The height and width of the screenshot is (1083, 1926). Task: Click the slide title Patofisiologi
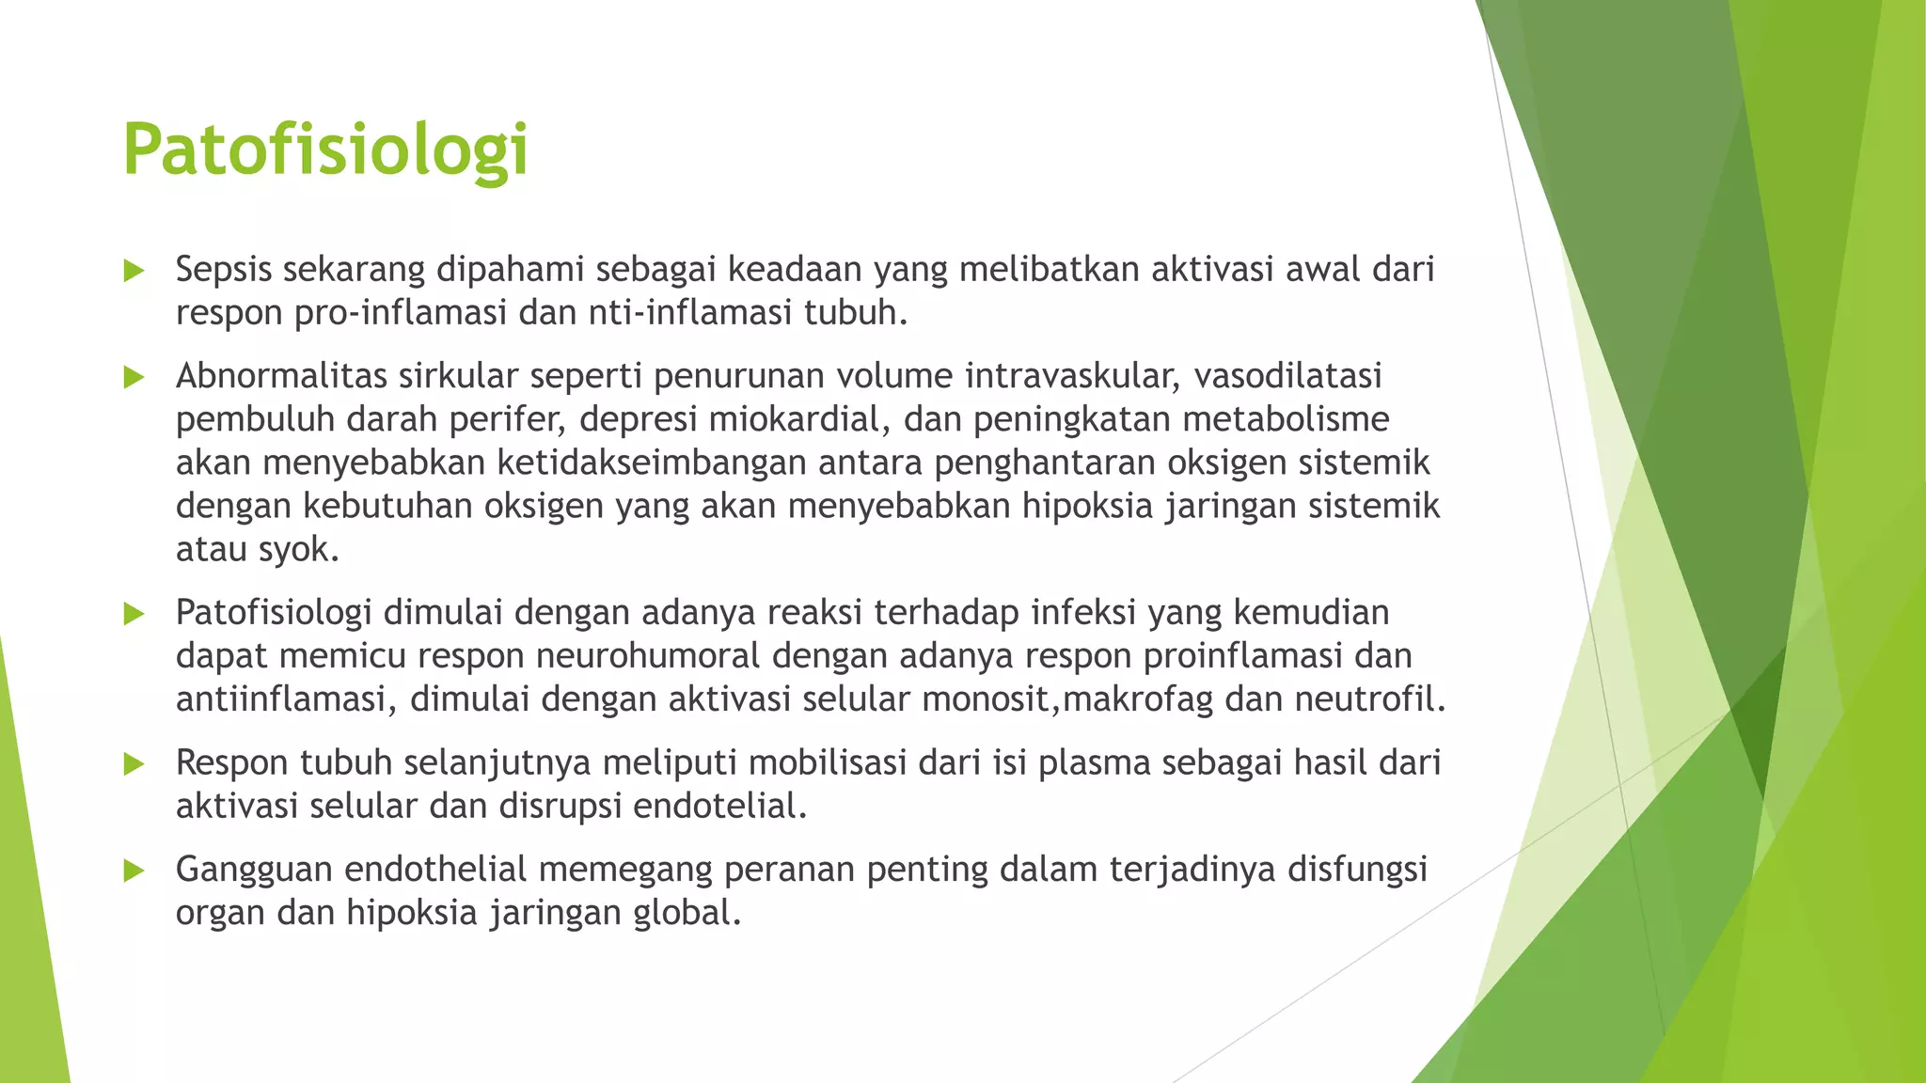point(325,150)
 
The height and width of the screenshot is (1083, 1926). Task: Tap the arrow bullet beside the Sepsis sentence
point(134,272)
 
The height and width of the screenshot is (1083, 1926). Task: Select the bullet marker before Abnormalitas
point(134,378)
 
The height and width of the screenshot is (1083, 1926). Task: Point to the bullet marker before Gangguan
point(134,871)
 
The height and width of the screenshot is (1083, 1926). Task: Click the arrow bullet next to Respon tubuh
point(134,764)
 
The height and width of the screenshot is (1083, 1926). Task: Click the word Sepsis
point(224,270)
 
